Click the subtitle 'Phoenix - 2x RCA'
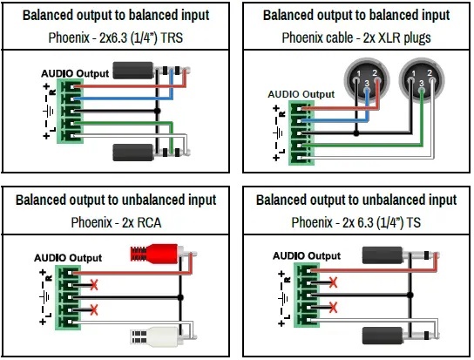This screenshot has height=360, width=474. [116, 221]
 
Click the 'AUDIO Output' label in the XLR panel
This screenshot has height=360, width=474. [301, 94]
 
